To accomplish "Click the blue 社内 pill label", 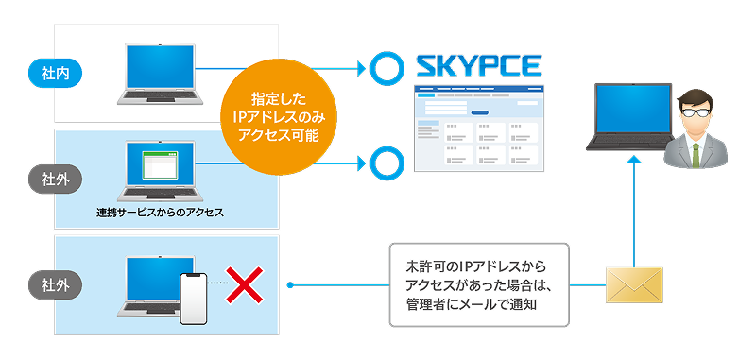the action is coord(56,75).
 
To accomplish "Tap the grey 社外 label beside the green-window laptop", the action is coord(56,180).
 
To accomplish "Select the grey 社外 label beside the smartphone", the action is coord(56,285).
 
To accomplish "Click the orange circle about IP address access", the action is coord(279,117).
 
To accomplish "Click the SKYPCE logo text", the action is coord(479,65).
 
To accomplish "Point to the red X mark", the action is coord(245,284).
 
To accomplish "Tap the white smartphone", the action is coord(194,299).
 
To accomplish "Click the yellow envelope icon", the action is coord(634,285).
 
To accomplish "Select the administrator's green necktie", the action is coord(696,154).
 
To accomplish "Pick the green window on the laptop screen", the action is coord(160,164).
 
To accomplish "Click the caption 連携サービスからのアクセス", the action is coord(160,212).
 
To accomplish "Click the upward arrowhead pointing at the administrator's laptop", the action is coord(634,161).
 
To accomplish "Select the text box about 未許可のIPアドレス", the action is coord(479,285).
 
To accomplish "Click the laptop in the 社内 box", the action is coord(160,75).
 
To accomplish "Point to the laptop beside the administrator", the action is coord(630,117).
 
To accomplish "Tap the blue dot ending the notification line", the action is coord(290,285).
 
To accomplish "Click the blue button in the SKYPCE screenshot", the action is coord(479,112).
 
